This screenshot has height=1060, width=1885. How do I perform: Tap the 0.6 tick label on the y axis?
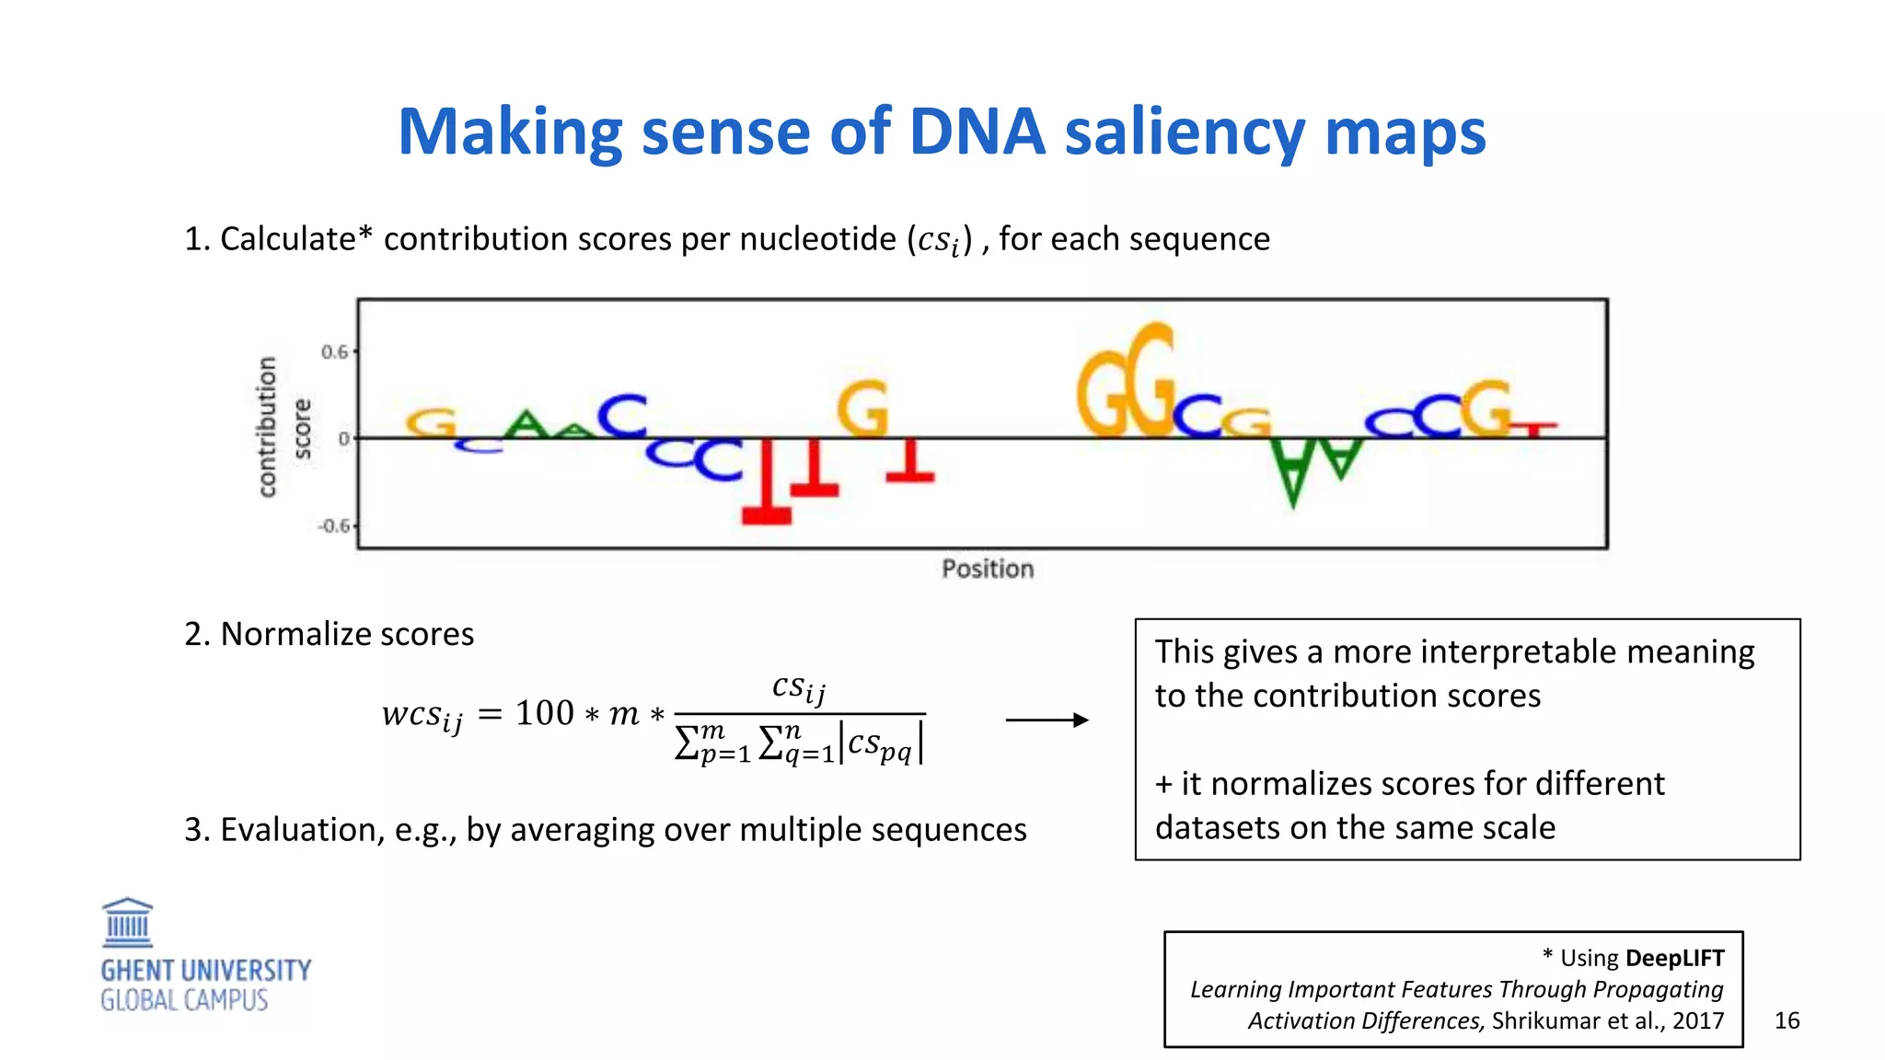pos(335,352)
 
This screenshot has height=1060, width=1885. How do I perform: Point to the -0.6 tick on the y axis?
pos(334,526)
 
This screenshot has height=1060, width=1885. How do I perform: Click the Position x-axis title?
pos(988,569)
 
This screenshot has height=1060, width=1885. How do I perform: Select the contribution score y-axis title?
pos(282,428)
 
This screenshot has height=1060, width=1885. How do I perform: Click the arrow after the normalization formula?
pos(1047,720)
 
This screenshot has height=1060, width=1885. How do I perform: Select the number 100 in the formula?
pos(544,713)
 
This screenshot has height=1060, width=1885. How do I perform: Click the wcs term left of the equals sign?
pos(422,715)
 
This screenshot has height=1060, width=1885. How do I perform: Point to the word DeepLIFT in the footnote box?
pos(1674,958)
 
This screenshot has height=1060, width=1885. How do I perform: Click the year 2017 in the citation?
pos(1698,1020)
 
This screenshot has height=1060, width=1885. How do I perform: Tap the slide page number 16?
pos(1787,1020)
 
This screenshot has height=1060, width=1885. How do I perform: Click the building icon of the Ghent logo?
pos(128,923)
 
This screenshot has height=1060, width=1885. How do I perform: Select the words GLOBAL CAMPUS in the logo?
pos(184,1001)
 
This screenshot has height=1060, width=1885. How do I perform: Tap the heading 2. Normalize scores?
pos(329,634)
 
